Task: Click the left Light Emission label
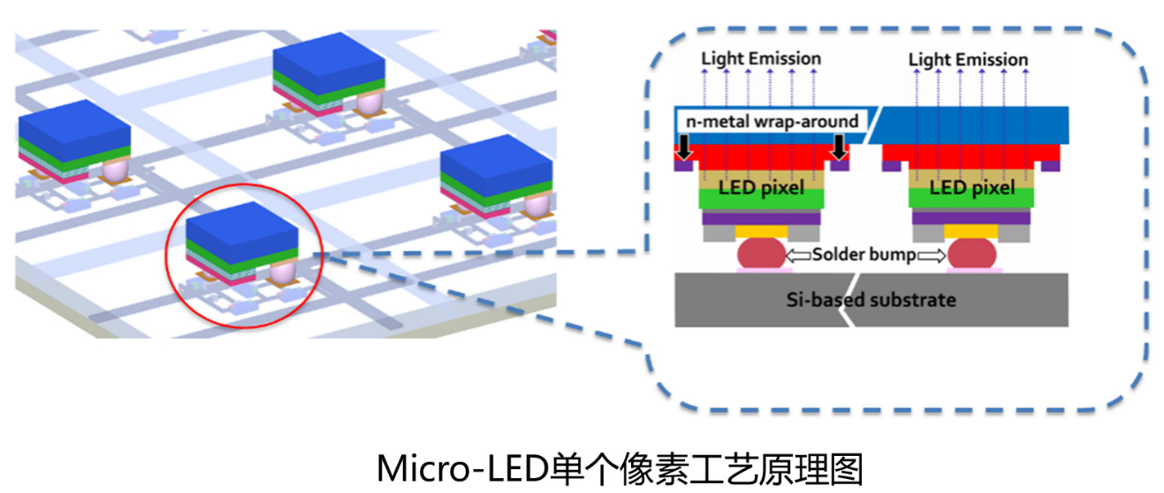[x=761, y=58]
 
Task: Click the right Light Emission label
[x=968, y=59]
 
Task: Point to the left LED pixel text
[x=761, y=189]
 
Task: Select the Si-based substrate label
[x=871, y=300]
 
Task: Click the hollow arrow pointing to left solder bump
[x=799, y=254]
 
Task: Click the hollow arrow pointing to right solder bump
[x=932, y=254]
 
